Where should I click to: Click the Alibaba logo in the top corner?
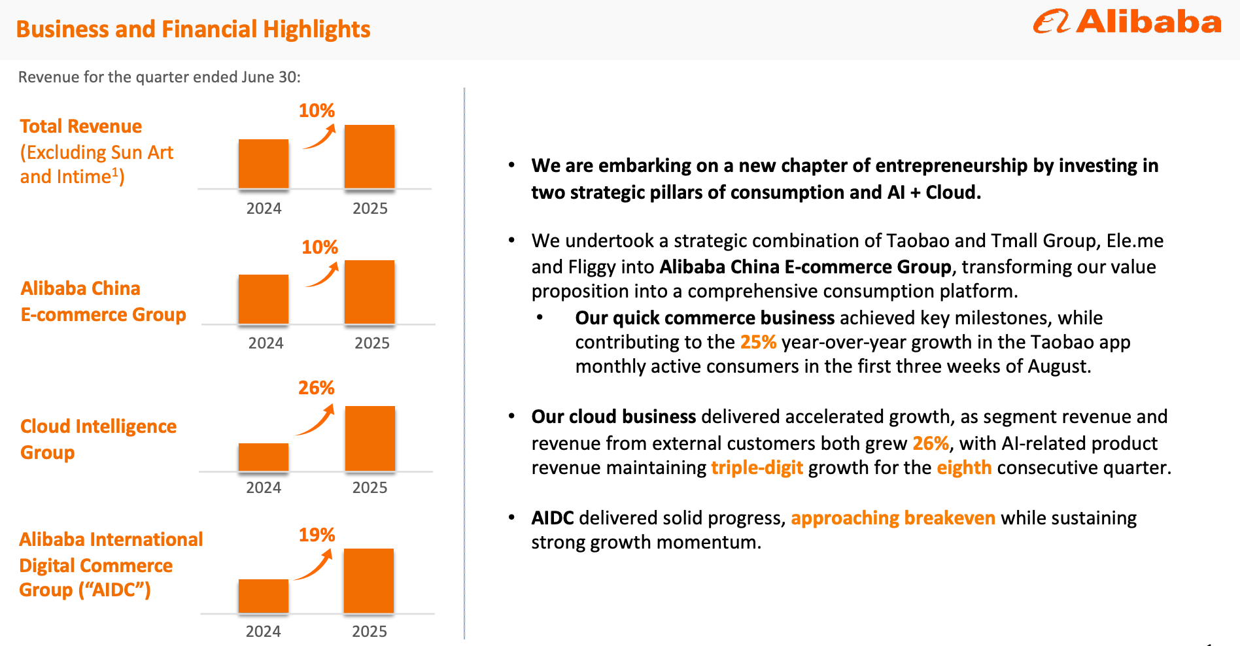(1126, 22)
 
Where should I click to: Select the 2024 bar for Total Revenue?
(264, 163)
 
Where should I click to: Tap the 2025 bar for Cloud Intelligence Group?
(370, 438)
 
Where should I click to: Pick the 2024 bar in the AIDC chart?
(264, 596)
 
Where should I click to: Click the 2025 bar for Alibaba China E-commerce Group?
(370, 292)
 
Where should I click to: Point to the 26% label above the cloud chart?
(317, 388)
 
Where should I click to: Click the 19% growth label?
(317, 535)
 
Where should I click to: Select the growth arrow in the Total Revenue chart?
(320, 137)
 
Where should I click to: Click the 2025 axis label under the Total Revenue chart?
(370, 209)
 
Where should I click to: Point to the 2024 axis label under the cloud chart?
(264, 488)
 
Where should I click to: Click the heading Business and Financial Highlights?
(193, 29)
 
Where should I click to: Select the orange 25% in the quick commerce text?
(758, 342)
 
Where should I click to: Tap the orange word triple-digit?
(757, 467)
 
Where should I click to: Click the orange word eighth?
(964, 467)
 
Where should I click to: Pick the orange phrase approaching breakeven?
(893, 518)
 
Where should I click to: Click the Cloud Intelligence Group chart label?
(98, 439)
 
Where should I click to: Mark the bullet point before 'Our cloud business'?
(512, 416)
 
